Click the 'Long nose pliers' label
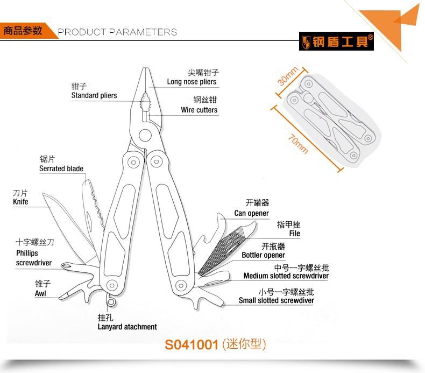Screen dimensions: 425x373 [192, 82]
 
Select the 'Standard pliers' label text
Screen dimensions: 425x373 [94, 95]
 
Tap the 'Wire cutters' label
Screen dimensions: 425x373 [199, 110]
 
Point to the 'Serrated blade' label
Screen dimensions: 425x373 [61, 168]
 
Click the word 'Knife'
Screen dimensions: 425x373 [20, 202]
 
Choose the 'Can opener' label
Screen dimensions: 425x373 [252, 213]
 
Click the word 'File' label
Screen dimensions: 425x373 [295, 234]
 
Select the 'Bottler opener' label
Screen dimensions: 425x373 [263, 255]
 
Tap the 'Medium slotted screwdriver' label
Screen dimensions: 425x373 [286, 276]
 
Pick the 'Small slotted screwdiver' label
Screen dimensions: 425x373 [276, 300]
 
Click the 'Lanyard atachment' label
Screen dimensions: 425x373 [127, 327]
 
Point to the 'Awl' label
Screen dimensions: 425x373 [40, 293]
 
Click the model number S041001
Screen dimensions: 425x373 [192, 345]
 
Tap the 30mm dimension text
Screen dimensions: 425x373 [288, 76]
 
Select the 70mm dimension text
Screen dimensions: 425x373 [297, 144]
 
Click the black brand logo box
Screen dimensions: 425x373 [336, 41]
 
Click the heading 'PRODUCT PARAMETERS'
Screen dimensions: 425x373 [117, 32]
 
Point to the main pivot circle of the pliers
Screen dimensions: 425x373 [145, 135]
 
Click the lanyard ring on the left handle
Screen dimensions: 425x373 [111, 301]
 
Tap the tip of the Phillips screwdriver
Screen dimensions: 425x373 [62, 265]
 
